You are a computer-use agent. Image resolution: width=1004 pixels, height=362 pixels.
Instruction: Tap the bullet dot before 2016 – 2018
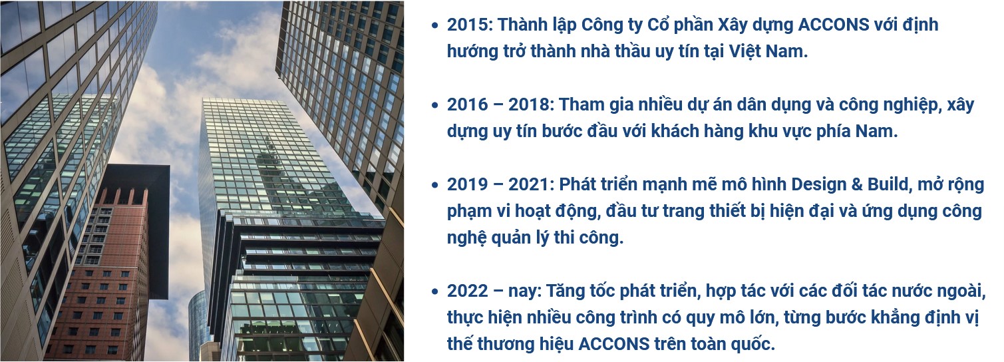434,106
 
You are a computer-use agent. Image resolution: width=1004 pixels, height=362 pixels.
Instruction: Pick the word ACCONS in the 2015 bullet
834,25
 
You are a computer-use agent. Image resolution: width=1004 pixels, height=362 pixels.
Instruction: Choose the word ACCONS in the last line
613,344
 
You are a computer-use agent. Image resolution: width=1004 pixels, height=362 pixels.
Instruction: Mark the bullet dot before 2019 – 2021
434,186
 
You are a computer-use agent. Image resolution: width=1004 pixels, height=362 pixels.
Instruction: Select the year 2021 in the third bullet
529,184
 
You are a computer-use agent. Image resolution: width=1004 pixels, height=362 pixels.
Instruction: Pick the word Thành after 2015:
524,25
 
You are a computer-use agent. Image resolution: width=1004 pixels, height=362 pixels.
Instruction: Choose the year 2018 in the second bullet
529,105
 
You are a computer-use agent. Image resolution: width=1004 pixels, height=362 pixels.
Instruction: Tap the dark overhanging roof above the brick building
139,179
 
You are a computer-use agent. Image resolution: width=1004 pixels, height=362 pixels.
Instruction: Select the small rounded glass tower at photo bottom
198,325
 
